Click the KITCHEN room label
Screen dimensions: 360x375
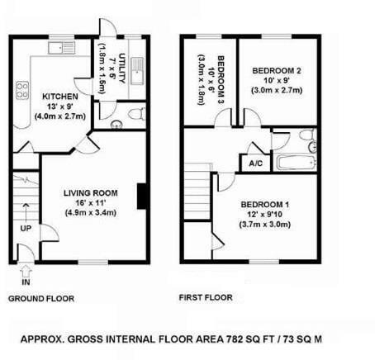pyautogui.click(x=59, y=96)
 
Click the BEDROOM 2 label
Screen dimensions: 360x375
pyautogui.click(x=278, y=72)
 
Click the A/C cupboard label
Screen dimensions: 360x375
pyautogui.click(x=255, y=163)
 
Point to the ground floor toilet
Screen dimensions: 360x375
pyautogui.click(x=136, y=114)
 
